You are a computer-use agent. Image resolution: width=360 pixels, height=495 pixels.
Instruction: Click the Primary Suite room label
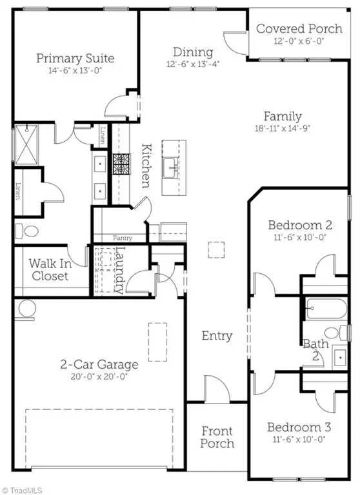[75, 59]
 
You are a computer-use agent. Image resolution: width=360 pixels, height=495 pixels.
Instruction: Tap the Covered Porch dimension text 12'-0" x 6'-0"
[299, 41]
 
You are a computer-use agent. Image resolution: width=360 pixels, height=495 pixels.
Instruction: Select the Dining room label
[193, 52]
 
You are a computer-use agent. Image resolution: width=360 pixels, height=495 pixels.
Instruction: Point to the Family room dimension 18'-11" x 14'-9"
[283, 128]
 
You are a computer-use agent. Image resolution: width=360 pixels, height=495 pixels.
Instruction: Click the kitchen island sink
[170, 168]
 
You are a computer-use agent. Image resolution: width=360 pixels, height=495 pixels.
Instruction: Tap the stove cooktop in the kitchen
[122, 164]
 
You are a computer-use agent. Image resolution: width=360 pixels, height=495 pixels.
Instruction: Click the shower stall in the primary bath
[26, 145]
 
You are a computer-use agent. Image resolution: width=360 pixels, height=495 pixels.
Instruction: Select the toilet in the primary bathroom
[27, 231]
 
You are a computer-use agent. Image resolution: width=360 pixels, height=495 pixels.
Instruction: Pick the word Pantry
[123, 238]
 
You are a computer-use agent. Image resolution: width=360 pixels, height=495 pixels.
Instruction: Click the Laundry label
[119, 270]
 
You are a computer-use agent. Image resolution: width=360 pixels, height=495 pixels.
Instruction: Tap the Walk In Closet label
[50, 269]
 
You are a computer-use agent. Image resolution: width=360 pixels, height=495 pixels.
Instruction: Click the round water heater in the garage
[27, 309]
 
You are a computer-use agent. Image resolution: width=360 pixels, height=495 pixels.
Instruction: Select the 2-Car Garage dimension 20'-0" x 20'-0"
[99, 376]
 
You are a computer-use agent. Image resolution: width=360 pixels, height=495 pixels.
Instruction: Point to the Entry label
[217, 336]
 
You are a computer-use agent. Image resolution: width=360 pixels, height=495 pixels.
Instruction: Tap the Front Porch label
[217, 437]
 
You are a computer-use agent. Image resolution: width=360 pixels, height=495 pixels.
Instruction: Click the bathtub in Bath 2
[326, 309]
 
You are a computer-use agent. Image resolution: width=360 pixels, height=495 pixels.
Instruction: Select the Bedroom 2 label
[300, 226]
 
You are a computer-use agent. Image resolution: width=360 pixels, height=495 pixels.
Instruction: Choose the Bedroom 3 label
[299, 427]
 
